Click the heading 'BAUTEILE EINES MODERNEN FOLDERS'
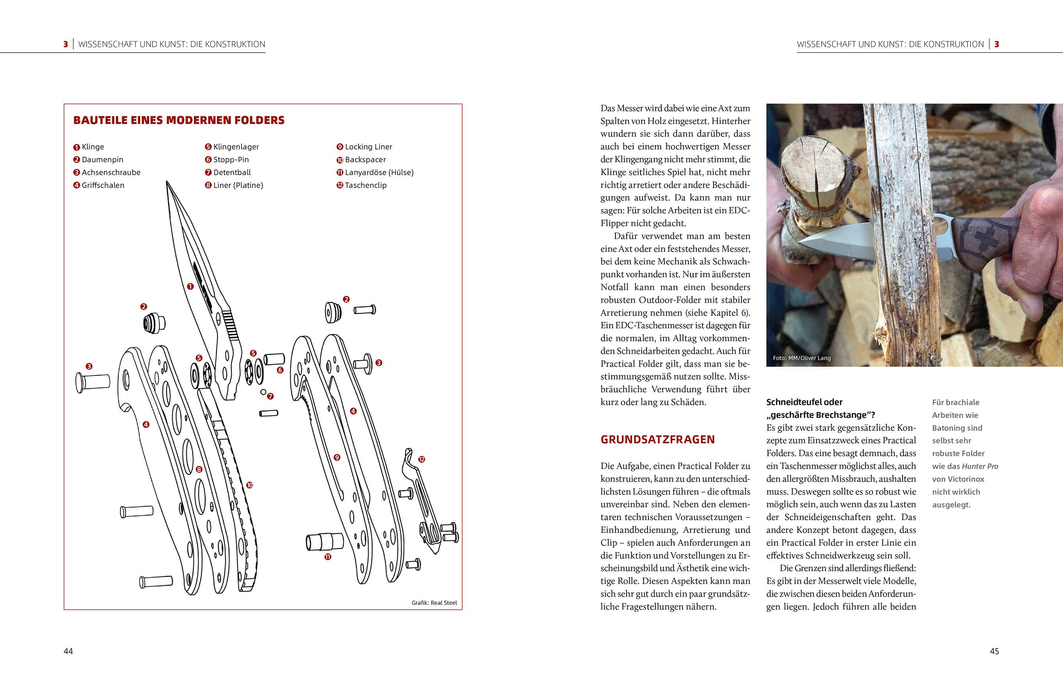(179, 120)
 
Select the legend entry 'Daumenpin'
(102, 159)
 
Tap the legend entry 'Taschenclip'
(366, 185)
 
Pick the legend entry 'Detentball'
(232, 172)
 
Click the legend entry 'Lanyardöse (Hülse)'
(379, 172)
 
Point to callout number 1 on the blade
(190, 286)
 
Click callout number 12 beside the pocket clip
(422, 459)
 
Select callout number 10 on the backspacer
(249, 485)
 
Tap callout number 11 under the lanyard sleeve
(328, 556)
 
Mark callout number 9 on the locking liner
(337, 457)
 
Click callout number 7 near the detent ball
(270, 396)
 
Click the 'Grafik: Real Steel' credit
(434, 602)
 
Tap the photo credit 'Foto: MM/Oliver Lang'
(802, 358)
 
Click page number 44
(68, 651)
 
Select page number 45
(994, 651)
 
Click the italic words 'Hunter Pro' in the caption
(980, 466)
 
